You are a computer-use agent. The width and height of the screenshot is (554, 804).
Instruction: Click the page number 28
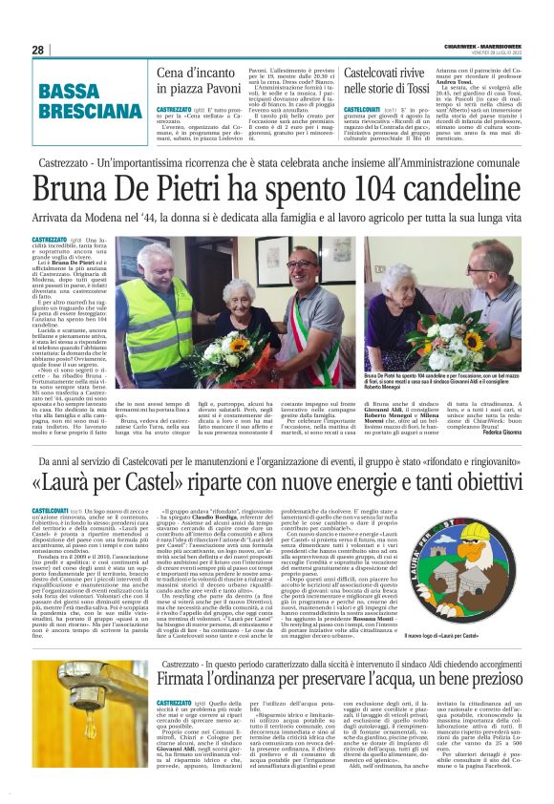(x=37, y=49)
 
